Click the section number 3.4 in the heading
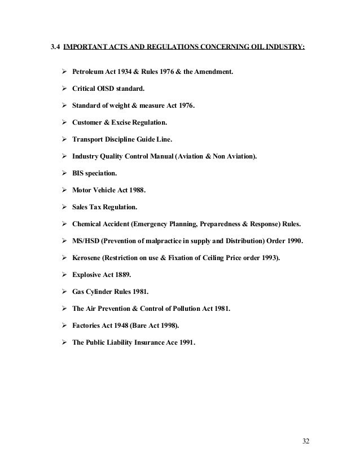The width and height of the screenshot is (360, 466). coord(55,56)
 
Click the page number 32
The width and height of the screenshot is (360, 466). coord(306,440)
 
